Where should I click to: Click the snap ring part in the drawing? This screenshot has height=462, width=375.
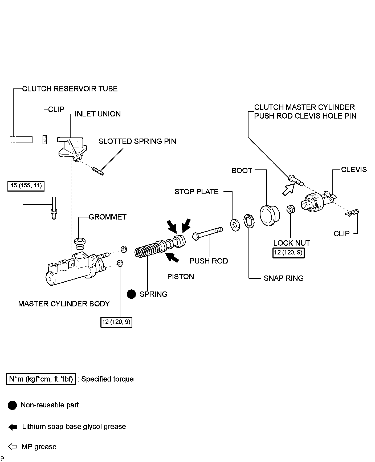(249, 221)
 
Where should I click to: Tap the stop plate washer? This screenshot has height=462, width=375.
(235, 225)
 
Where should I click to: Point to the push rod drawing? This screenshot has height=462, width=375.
(208, 233)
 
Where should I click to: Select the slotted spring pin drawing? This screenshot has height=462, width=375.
(98, 171)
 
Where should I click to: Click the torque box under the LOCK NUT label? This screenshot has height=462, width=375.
(288, 253)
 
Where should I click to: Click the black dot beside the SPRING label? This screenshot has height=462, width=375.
(131, 294)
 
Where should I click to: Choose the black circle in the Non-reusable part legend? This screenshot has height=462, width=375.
(12, 405)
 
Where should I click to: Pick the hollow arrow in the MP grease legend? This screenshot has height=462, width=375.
(13, 447)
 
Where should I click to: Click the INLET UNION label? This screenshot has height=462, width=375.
(98, 114)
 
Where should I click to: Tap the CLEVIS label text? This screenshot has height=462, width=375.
(354, 170)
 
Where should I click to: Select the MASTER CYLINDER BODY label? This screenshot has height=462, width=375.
(64, 304)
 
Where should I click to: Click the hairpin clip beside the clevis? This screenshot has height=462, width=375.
(352, 213)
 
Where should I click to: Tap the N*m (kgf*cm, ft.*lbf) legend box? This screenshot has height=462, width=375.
(41, 379)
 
